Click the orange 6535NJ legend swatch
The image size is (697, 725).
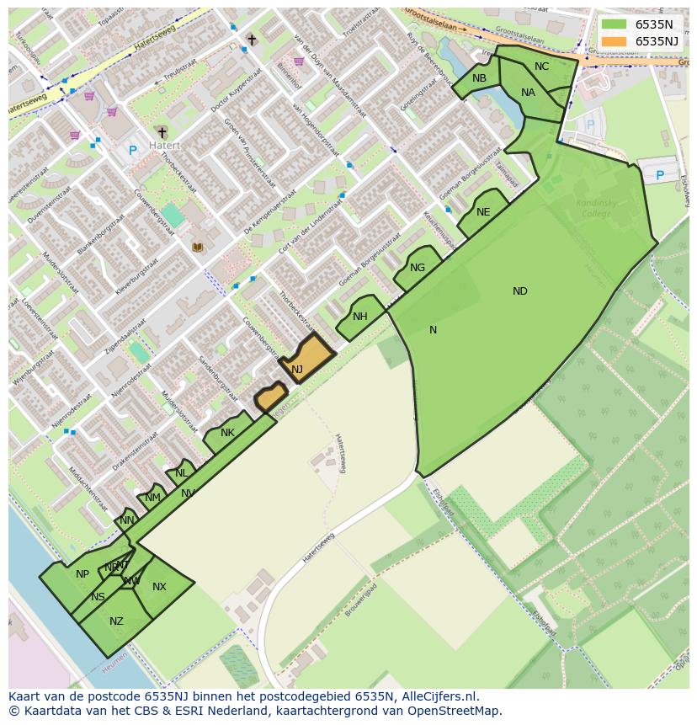coord(615,41)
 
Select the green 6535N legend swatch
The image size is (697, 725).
coord(615,24)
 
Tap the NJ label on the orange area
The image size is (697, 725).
coord(297,370)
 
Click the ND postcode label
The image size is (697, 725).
coord(520,291)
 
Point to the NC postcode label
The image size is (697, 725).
coord(541,67)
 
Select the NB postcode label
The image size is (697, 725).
coord(479,78)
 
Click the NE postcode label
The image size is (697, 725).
coord(483,212)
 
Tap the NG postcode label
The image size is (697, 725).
coord(418,268)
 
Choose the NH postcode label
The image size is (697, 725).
coord(360,317)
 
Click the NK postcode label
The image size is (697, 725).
coord(227,433)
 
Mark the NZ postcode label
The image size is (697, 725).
coord(116,621)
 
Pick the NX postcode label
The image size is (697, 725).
coord(159,587)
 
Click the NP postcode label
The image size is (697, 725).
coord(82,574)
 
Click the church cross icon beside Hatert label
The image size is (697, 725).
coord(162,132)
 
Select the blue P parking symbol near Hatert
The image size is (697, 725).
coord(132,151)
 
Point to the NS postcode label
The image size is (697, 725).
coord(98,597)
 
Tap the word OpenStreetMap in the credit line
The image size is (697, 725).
coord(458,711)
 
